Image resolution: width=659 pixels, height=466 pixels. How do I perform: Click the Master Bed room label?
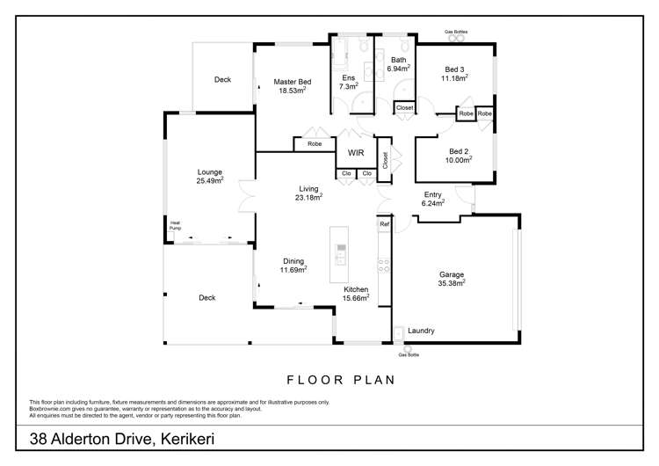pyautogui.click(x=292, y=80)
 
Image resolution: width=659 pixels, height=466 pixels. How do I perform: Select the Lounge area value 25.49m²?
pyautogui.click(x=209, y=180)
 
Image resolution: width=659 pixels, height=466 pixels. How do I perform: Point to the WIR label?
pyautogui.click(x=356, y=152)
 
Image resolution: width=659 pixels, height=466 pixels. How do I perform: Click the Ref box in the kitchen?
pyautogui.click(x=384, y=224)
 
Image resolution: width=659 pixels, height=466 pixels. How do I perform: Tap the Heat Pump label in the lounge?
pyautogui.click(x=175, y=225)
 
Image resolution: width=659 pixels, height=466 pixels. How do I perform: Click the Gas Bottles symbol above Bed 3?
pyautogui.click(x=455, y=38)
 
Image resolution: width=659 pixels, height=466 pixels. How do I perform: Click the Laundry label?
pyautogui.click(x=421, y=331)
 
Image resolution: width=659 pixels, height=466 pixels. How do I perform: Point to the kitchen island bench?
pyautogui.click(x=339, y=253)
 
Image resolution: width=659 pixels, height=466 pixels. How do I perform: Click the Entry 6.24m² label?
pyautogui.click(x=433, y=199)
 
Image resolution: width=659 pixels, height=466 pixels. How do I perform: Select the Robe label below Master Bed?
pyautogui.click(x=314, y=143)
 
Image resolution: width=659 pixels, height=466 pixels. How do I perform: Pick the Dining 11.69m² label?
pyautogui.click(x=293, y=265)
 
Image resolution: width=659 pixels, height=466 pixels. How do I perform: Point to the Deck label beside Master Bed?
pyautogui.click(x=222, y=80)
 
